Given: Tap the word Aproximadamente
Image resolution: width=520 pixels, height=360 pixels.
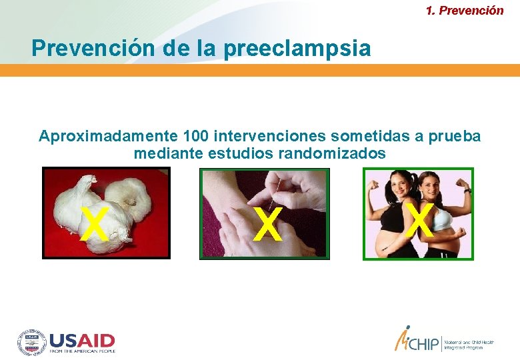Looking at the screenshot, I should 107,137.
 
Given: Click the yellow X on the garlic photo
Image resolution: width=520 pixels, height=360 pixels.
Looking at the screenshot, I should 94,224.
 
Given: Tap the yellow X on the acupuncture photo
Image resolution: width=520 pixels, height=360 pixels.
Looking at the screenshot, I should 267,224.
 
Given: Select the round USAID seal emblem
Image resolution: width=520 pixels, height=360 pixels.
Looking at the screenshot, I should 31,341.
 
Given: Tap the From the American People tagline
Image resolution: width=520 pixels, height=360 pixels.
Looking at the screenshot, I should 82,351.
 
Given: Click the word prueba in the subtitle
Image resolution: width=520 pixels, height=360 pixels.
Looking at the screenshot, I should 456,137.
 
